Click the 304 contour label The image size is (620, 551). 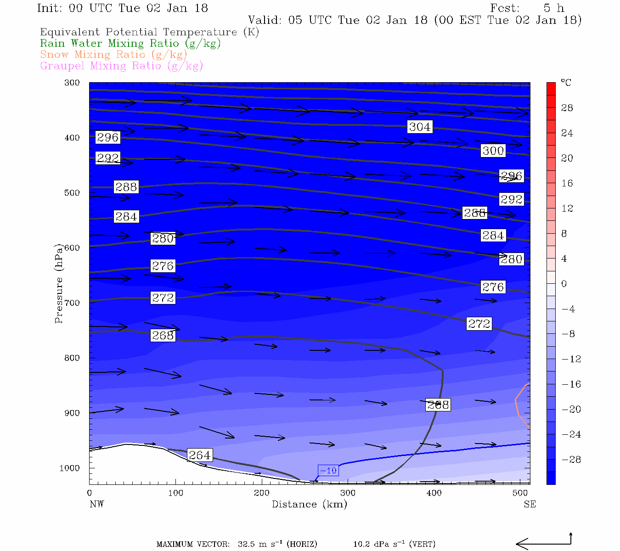point(419,127)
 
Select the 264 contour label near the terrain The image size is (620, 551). point(199,455)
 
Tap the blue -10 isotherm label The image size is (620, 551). point(328,470)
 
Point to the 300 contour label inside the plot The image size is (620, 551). point(493,151)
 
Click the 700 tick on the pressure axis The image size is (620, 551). point(72,303)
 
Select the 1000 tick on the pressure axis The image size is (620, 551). point(69,468)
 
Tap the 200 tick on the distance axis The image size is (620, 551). point(262,493)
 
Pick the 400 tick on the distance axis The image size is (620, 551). point(434,493)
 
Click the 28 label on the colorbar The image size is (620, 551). point(567,108)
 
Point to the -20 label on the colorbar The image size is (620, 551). point(571,409)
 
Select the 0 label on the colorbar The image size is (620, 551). point(564,284)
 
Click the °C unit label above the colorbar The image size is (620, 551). point(566,83)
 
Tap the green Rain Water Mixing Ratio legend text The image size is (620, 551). point(130,44)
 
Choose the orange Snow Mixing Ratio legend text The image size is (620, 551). point(113,55)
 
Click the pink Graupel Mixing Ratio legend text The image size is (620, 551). point(121,66)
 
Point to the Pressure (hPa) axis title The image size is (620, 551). point(59,283)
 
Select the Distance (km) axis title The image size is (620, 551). point(309,504)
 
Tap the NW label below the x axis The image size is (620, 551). point(96,504)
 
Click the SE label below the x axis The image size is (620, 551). point(530,504)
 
